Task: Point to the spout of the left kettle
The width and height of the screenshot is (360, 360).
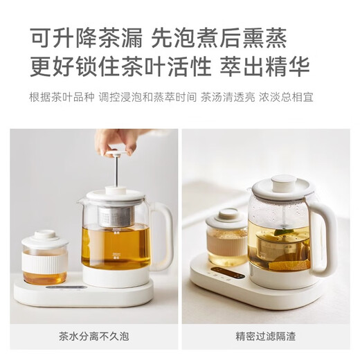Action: (82, 201)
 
